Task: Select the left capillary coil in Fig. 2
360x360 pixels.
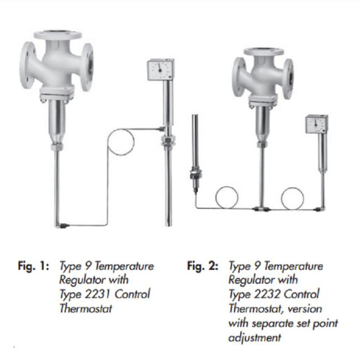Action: (228, 197)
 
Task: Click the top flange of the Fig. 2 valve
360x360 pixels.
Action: (264, 52)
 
